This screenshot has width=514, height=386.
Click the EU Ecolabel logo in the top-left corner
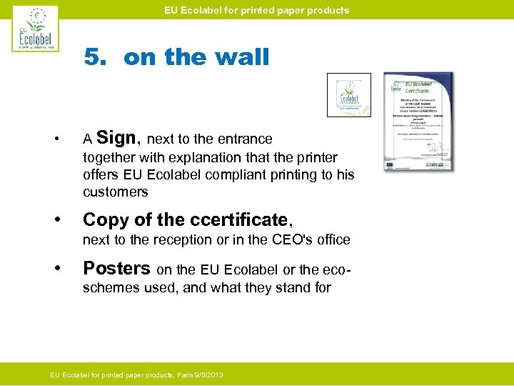[x=36, y=29]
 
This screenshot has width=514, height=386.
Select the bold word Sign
[x=118, y=137]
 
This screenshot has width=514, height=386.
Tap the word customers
[x=116, y=192]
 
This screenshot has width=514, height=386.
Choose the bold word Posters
[x=116, y=268]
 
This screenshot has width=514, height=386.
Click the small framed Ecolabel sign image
[x=348, y=95]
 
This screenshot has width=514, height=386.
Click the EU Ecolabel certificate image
[x=418, y=121]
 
